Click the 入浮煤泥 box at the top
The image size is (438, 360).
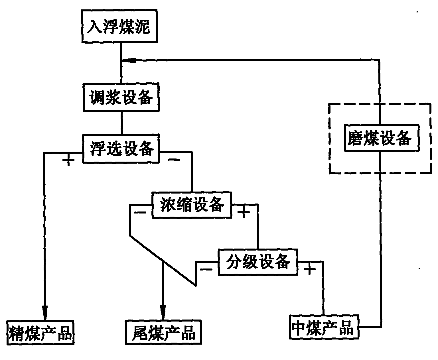coord(119,27)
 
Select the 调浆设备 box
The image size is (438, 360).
coord(121,97)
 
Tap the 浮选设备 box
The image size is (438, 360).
coord(121,149)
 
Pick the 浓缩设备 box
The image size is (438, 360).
coord(192,205)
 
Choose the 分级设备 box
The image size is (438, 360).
coord(257,262)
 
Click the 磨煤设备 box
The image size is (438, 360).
coord(382,138)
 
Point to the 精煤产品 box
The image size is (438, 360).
coord(40,333)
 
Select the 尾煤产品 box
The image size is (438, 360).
coord(163,332)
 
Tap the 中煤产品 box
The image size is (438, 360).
coord(324,327)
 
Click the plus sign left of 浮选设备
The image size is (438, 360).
coord(68,161)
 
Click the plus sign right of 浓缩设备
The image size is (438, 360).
coord(244,212)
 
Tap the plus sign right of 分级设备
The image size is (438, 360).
coord(310,269)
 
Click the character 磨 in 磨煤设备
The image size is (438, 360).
coord(355,138)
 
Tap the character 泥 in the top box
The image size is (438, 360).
coord(142,27)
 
